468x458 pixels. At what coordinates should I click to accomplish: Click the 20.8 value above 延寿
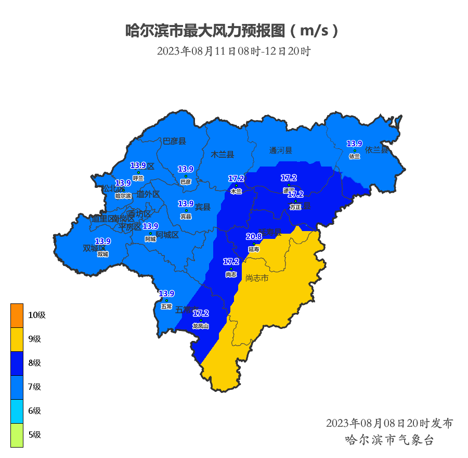pos(254,237)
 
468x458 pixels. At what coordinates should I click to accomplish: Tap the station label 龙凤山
pos(201,326)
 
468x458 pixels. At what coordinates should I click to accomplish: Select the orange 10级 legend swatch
pos(17,315)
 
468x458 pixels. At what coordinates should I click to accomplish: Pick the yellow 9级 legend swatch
pos(17,339)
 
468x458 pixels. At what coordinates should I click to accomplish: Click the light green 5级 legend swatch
pos(17,435)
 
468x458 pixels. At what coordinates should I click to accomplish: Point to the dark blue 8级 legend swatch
pos(17,363)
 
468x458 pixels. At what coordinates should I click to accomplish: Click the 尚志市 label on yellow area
pos(257,278)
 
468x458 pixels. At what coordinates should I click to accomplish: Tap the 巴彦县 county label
pos(174,141)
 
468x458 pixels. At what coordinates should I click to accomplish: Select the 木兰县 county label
pos(223,155)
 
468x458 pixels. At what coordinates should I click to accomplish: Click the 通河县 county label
pos(281,150)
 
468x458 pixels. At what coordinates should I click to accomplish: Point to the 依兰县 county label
pos(376,150)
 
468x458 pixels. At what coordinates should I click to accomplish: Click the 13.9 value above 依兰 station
pos(355,144)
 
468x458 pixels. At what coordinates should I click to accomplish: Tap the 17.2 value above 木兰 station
pos(236,179)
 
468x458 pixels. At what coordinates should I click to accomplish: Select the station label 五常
pos(166,307)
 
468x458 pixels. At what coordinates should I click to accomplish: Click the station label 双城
pos(103,254)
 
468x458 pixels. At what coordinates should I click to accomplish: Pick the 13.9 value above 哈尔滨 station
pos(123,183)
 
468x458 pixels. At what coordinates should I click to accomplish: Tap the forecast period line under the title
pos(233,51)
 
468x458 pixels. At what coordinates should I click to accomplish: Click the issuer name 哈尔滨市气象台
pos(389,440)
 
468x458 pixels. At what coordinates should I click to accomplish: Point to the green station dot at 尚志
pos(231,269)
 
